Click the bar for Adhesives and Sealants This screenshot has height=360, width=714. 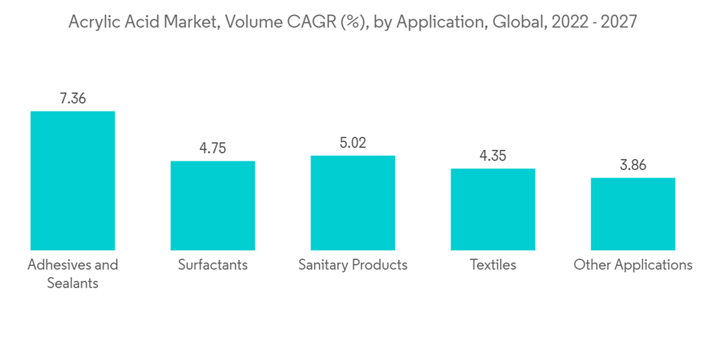pyautogui.click(x=72, y=180)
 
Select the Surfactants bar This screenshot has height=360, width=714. pyautogui.click(x=212, y=205)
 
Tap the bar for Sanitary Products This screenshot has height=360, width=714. pyautogui.click(x=353, y=202)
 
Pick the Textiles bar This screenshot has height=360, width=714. pyautogui.click(x=493, y=209)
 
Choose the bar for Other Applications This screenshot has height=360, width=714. pyautogui.click(x=633, y=214)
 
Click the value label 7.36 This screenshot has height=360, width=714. pyautogui.click(x=72, y=99)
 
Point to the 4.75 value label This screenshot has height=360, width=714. pyautogui.click(x=212, y=149)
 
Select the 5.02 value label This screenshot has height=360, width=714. pyautogui.click(x=353, y=143)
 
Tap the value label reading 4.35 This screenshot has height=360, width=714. pyautogui.click(x=493, y=156)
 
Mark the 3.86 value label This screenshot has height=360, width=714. pyautogui.click(x=633, y=165)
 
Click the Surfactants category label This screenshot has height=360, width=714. pyautogui.click(x=212, y=265)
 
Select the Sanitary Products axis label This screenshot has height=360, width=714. pyautogui.click(x=353, y=265)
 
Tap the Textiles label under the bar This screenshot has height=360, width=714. pyautogui.click(x=493, y=265)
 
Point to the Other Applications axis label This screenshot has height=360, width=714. pyautogui.click(x=633, y=265)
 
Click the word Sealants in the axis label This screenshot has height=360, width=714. pyautogui.click(x=72, y=283)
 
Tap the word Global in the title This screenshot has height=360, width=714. pyautogui.click(x=521, y=22)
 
